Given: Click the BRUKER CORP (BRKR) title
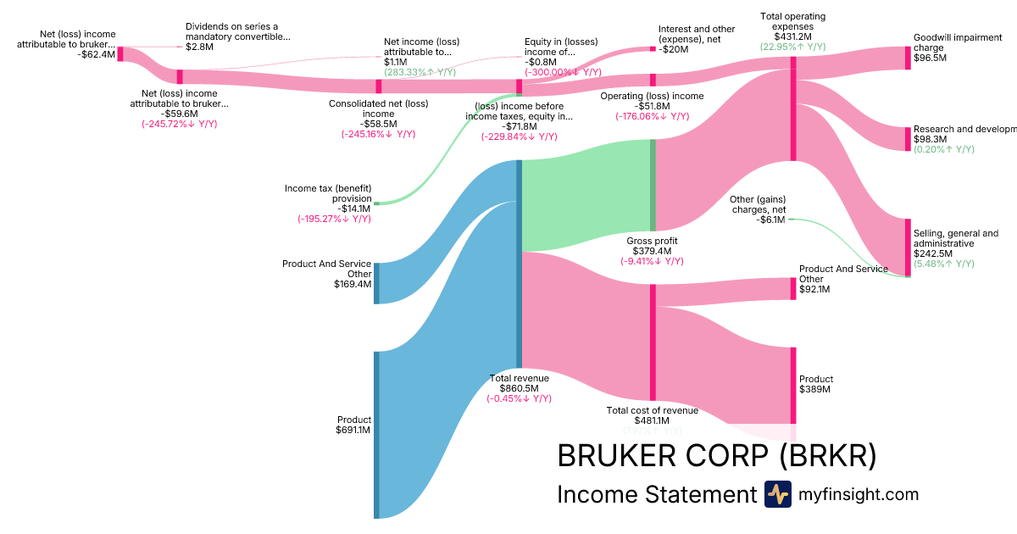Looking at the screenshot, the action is click(716, 456).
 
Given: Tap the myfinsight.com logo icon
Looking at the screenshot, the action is click(777, 494).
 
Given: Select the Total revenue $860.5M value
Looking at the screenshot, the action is click(519, 388).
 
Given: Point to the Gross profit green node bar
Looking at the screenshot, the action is click(653, 185).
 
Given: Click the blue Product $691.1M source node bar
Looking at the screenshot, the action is click(376, 434).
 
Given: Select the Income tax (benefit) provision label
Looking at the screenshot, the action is click(328, 193).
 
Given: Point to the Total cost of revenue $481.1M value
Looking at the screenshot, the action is click(652, 420).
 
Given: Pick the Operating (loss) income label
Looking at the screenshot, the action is click(652, 96).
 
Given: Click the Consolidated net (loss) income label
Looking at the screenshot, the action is click(378, 108).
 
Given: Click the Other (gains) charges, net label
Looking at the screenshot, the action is click(758, 204).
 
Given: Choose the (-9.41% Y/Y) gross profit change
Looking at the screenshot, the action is click(652, 261).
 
